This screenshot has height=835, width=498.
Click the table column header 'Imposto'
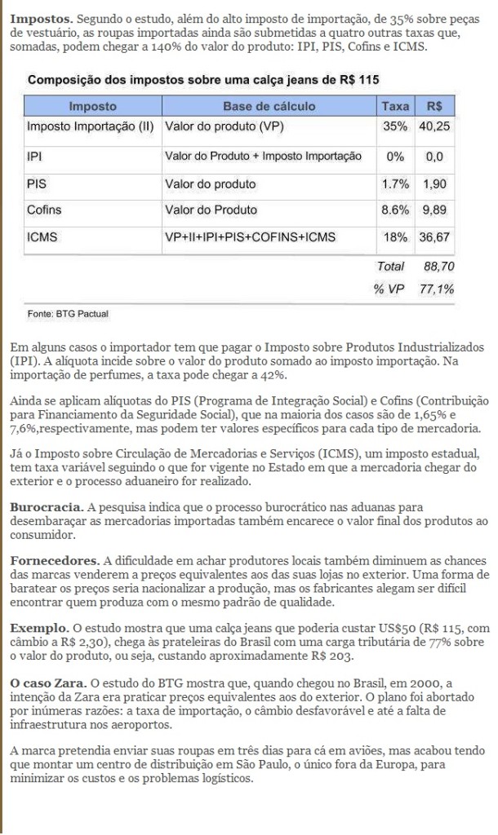coord(92,106)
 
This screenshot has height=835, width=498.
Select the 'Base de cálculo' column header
coord(264,106)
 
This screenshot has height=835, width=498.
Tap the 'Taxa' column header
coord(395,106)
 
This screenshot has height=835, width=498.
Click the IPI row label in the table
coord(34,155)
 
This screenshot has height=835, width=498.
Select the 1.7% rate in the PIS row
coord(395,184)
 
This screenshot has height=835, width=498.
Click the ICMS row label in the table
coord(41,237)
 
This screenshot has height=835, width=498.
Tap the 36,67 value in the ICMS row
coord(435,237)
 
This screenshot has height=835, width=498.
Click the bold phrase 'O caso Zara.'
coord(49,681)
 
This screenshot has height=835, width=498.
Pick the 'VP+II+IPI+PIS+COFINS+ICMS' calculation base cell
coord(249,237)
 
